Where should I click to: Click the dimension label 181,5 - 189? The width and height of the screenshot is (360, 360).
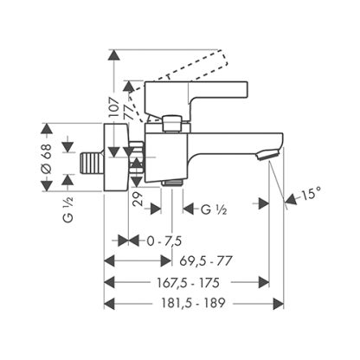point(193,303)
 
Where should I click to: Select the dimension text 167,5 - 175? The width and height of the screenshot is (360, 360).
point(188,282)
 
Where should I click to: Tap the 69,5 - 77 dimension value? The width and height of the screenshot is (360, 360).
point(206,261)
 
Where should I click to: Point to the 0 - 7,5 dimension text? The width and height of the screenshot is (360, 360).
point(164,241)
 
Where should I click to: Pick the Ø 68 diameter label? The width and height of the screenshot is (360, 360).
point(47,158)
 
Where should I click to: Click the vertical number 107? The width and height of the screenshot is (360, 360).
point(114,107)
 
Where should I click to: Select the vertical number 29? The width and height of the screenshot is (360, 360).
point(138,198)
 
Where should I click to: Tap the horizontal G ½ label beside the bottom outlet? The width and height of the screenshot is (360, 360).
point(214,209)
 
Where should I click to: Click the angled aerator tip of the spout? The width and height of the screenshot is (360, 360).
point(267,155)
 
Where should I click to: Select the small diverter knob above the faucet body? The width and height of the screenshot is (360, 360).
point(172,123)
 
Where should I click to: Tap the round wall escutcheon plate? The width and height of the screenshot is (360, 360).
point(116,157)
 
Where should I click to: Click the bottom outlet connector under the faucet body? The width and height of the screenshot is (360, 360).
point(172,183)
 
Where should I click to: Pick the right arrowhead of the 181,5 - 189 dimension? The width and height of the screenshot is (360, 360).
point(278,304)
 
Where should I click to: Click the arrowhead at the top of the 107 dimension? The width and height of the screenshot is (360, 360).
point(114,55)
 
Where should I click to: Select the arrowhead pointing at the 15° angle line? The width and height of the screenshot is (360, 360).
point(291,199)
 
